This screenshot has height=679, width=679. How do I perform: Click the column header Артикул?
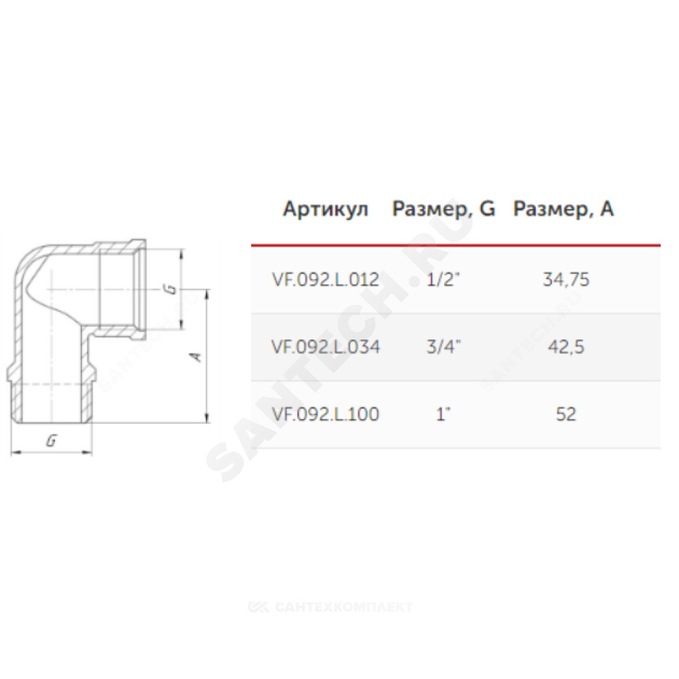click(326, 210)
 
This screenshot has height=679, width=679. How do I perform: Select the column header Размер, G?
click(443, 210)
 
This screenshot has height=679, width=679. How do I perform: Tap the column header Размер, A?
click(564, 210)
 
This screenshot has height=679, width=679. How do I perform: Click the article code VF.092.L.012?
click(325, 280)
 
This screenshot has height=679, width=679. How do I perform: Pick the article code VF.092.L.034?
click(325, 347)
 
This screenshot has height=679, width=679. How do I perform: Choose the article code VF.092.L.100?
click(325, 414)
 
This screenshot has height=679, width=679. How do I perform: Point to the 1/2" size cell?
click(443, 280)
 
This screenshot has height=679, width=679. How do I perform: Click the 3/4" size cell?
click(443, 347)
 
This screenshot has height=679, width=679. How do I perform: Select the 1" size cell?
click(443, 414)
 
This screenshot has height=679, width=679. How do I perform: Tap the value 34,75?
click(566, 280)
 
